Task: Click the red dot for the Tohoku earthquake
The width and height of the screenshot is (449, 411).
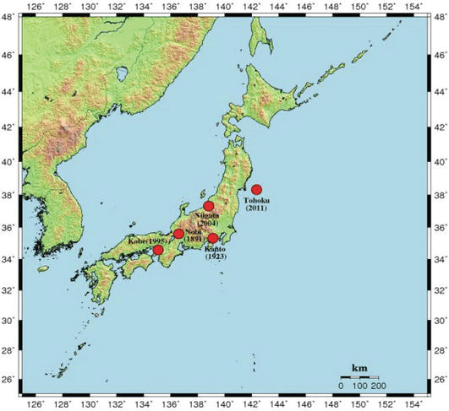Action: click(x=256, y=189)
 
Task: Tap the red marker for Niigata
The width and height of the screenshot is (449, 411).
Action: click(x=209, y=206)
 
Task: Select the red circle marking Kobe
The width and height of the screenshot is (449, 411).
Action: click(x=158, y=250)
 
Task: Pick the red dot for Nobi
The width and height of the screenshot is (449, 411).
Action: click(x=178, y=234)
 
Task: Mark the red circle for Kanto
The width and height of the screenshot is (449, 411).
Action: click(x=212, y=238)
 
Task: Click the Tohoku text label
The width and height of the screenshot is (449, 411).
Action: click(x=255, y=200)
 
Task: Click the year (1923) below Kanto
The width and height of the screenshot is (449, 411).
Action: click(x=216, y=257)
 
